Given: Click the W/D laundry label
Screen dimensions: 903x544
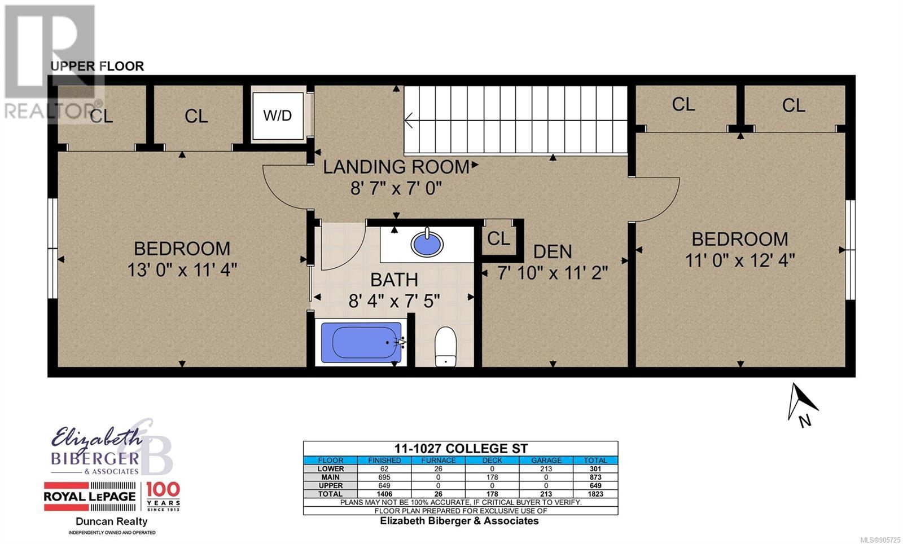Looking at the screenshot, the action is pos(277,116).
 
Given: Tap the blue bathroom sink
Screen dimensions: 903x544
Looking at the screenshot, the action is pos(427,243).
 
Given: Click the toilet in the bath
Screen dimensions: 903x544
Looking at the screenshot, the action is pos(445,347).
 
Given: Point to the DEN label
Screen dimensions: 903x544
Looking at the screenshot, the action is pos(553,252).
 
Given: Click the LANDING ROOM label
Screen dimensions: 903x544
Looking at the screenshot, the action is pos(396,167).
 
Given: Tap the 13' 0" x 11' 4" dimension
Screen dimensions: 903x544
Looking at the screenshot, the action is pos(182,270).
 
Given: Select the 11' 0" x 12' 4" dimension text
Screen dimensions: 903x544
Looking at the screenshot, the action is pos(740,260).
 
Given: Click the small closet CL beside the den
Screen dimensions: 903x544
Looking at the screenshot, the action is pos(499,239).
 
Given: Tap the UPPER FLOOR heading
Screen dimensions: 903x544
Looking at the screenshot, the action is pos(97,66).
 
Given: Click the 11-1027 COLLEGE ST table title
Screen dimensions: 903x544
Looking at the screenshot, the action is pos(461,448).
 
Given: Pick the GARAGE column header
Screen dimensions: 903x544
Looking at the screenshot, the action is pos(546,460).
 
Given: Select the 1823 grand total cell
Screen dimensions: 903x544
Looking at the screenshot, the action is pos(595,494).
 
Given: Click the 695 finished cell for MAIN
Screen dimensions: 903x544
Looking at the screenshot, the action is pos(384,477).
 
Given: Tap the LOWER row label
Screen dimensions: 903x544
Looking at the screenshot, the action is pos(331,468).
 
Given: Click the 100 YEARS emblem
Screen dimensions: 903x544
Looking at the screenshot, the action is pos(163,496).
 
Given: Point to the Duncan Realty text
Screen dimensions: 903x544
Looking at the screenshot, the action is pos(112,521).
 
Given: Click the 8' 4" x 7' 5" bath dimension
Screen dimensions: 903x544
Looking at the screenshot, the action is pos(394,301).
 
